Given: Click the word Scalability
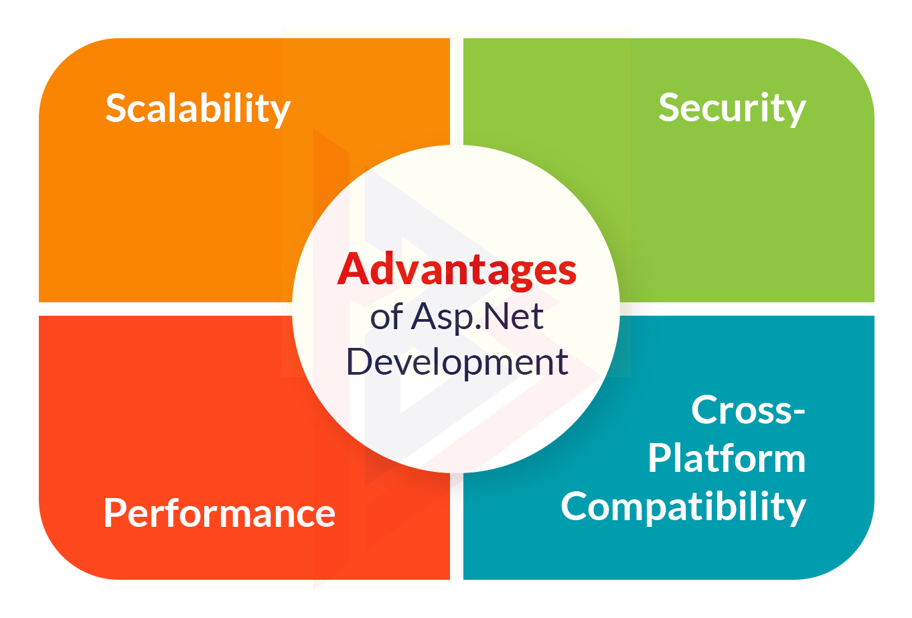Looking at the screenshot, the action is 198,109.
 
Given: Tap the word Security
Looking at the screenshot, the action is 733,109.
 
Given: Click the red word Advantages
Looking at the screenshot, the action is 457,270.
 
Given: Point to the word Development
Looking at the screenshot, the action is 457,362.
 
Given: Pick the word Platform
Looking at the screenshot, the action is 727,458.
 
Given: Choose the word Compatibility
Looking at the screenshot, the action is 684,507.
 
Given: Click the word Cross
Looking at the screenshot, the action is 741,410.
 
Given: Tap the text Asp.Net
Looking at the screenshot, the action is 477,318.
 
